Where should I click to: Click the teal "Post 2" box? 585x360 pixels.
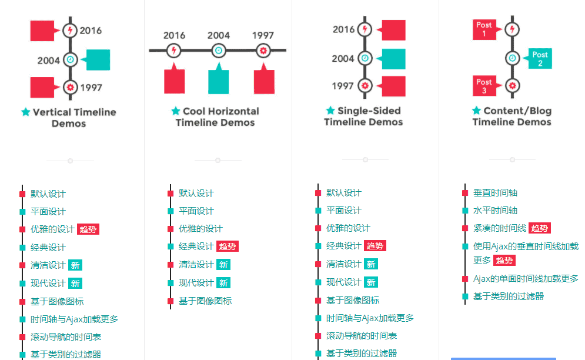(x=540, y=59)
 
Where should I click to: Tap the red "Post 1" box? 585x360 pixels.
(x=484, y=29)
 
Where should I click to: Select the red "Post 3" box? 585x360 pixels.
(x=484, y=86)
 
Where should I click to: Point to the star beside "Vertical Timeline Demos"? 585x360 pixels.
(x=25, y=112)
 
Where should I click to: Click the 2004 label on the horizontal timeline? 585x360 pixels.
(x=219, y=35)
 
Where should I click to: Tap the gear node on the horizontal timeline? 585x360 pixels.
(x=263, y=51)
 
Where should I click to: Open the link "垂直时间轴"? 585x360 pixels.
(x=495, y=193)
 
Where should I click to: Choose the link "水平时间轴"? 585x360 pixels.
(x=495, y=210)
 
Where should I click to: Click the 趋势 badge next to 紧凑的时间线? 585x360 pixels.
(x=540, y=228)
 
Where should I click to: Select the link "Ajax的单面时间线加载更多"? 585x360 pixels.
(x=526, y=279)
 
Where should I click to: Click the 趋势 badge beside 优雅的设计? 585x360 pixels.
(x=88, y=229)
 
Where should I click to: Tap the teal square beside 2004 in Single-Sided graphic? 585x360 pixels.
(x=393, y=59)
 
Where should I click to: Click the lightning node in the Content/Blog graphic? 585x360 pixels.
(x=512, y=29)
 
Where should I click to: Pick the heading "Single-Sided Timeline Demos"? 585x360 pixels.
(x=363, y=116)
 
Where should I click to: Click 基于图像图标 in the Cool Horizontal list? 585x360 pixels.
(x=205, y=301)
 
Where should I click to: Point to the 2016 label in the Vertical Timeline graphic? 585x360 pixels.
(x=91, y=31)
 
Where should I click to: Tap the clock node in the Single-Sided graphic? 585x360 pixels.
(x=365, y=58)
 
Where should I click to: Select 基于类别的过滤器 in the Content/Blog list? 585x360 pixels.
(x=509, y=296)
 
